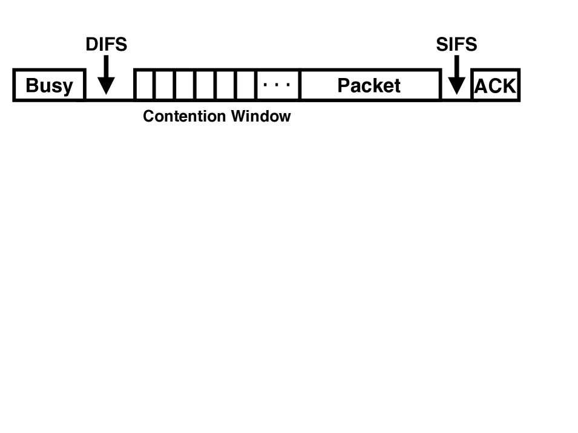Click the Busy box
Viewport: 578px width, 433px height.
pyautogui.click(x=48, y=85)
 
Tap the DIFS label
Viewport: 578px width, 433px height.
pyautogui.click(x=107, y=44)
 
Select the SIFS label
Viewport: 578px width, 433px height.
pyautogui.click(x=456, y=44)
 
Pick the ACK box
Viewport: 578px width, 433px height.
pyautogui.click(x=495, y=86)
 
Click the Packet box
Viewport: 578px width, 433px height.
pyautogui.click(x=369, y=85)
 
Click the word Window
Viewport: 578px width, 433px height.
pyautogui.click(x=261, y=116)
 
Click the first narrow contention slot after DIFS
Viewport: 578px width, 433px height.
pyautogui.click(x=144, y=85)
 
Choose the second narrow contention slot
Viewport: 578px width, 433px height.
pyautogui.click(x=165, y=85)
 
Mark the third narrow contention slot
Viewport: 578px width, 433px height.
pyautogui.click(x=185, y=85)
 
